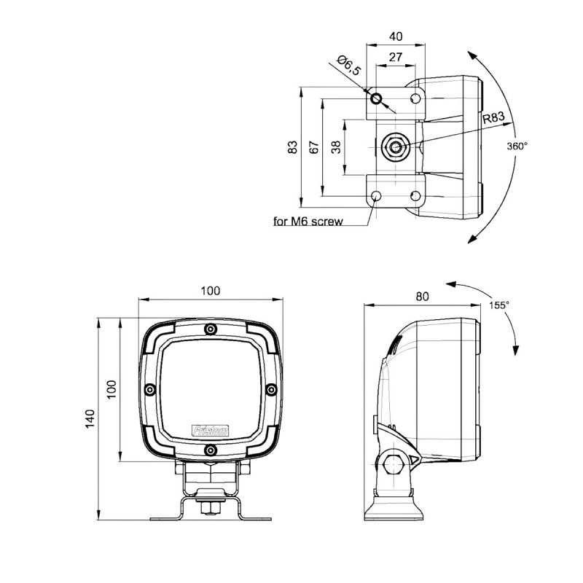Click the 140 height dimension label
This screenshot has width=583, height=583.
(x=90, y=418)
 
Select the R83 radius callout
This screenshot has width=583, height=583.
(x=494, y=117)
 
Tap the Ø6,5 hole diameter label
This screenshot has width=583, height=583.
(x=348, y=66)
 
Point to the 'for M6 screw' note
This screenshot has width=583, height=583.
(x=308, y=222)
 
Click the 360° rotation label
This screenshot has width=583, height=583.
(x=517, y=146)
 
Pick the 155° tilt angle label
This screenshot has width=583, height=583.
(x=499, y=305)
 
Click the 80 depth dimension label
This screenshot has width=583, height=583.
(x=422, y=297)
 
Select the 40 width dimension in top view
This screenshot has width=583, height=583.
(x=396, y=36)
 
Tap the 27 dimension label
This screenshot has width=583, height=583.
(x=396, y=57)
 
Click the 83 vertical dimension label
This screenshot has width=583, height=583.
(x=293, y=147)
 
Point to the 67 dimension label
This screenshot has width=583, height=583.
(x=315, y=147)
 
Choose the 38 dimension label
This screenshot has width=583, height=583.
(x=336, y=147)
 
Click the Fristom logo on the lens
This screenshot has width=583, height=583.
(x=211, y=431)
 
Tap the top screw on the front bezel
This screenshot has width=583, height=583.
(x=211, y=329)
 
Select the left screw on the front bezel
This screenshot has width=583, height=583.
(x=150, y=390)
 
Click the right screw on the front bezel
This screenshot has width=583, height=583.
(x=272, y=390)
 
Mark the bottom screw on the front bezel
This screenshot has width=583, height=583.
(x=211, y=450)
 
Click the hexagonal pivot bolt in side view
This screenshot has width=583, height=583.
(x=394, y=464)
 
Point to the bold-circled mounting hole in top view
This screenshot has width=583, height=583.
(x=376, y=99)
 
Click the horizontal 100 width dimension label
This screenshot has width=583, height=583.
(x=211, y=290)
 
